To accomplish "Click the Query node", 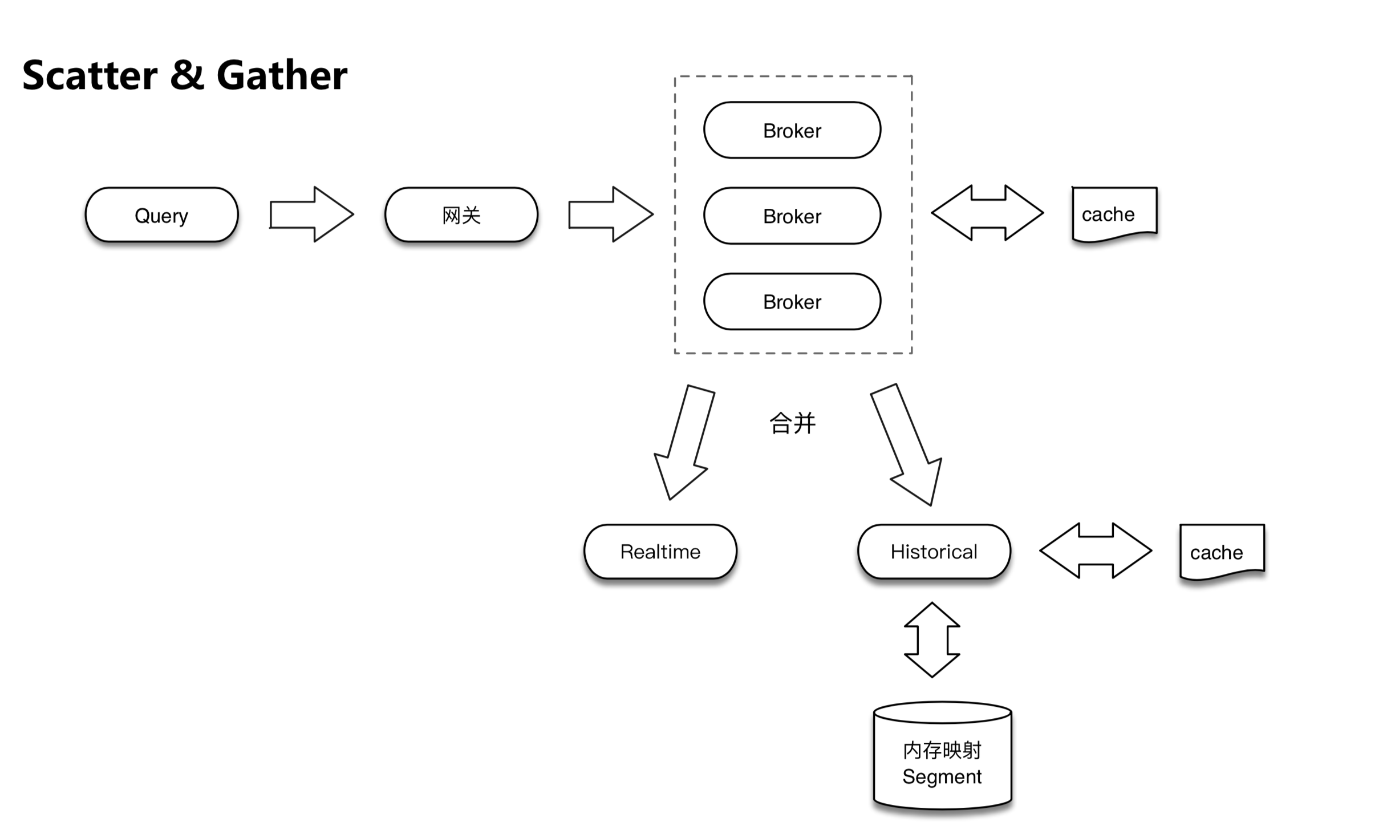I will pos(161,215).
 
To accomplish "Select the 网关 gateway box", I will pos(461,215).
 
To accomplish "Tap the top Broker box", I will pos(792,131).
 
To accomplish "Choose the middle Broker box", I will pos(792,216).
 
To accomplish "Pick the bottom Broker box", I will pos(792,302).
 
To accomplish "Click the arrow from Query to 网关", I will pos(311,214).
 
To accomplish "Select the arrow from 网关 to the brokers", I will pos(610,214).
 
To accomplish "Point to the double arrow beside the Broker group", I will pos(987,213).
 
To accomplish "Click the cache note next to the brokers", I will pos(1114,214).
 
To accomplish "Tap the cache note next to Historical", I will pos(1222,552).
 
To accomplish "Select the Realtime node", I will pos(660,552).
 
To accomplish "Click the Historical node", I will pos(934,552).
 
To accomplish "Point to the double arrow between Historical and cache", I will pos(1096,551).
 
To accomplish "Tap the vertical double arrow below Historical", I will pos(932,640).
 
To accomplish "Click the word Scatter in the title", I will pos(90,75).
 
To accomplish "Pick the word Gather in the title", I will pos(282,75).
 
